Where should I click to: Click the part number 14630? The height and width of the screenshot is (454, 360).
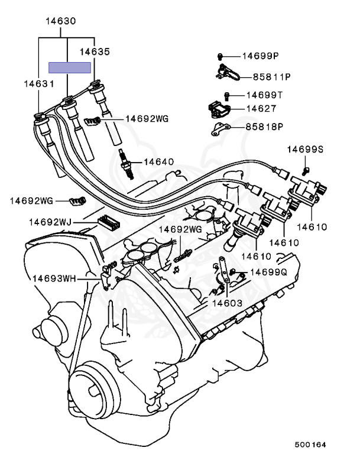coord(61,21)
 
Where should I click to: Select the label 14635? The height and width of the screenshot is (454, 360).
coord(95,51)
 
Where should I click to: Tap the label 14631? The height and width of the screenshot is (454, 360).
coord(39,84)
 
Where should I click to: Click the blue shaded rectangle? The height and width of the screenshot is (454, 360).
coord(70,68)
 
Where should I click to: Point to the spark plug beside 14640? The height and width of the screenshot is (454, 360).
coord(127,164)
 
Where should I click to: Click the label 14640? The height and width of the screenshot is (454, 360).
coord(158,161)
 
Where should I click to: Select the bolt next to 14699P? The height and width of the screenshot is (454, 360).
coord(220,56)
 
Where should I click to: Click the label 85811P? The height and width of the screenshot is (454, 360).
coord(272,77)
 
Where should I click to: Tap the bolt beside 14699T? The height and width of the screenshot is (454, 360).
coord(227,96)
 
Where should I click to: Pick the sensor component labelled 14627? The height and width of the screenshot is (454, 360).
coord(219,110)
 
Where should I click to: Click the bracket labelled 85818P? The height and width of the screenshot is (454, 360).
coord(220,128)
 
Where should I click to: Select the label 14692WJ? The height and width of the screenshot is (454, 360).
coord(50,222)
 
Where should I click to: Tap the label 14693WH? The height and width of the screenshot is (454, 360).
coord(54,278)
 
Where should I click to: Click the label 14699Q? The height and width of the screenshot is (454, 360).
coord(268,272)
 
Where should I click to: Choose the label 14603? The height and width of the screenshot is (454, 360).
coord(227,303)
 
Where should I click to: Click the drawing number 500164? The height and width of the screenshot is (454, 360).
coord(310,445)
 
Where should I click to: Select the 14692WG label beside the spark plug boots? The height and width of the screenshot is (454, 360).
coord(147,119)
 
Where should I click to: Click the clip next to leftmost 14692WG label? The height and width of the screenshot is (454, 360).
coord(77,200)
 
